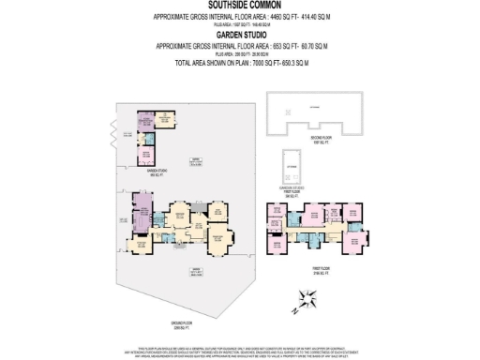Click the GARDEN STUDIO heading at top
coord(240,35)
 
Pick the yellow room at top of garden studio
coord(150,121)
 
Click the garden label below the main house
coord(196,271)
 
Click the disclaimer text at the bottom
coord(240,351)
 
